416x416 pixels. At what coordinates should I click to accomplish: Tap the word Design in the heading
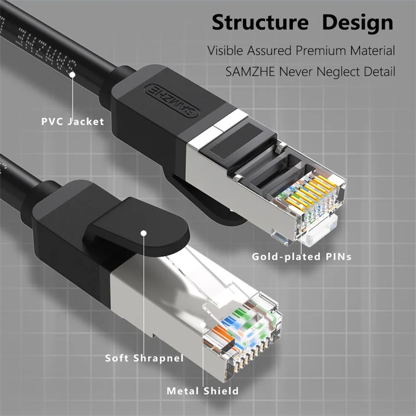point(358,23)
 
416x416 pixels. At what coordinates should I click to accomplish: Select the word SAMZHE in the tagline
point(249,71)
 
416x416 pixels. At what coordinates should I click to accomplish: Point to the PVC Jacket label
point(73,122)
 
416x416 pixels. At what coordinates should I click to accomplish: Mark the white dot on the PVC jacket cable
point(73,75)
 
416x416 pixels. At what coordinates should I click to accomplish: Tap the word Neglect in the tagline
point(335,71)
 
